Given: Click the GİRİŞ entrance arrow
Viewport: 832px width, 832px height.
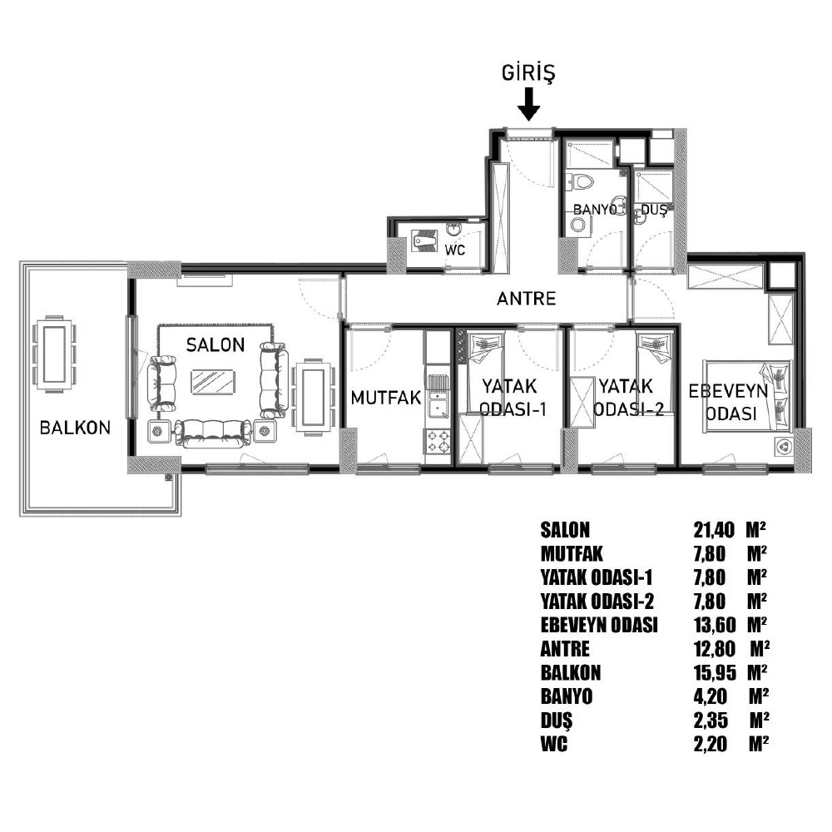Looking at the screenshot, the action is click(x=528, y=104).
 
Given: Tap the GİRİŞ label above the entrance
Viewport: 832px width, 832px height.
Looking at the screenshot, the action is click(x=528, y=73).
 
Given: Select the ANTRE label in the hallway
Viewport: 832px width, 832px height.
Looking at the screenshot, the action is click(x=527, y=299).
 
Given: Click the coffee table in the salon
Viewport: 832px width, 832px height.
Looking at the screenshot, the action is click(x=214, y=381).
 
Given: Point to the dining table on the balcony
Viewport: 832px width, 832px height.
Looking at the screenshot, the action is click(x=54, y=354).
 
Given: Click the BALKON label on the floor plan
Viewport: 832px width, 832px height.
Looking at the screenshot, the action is click(x=76, y=427).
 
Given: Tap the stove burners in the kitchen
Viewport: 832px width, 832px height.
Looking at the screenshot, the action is click(x=438, y=442).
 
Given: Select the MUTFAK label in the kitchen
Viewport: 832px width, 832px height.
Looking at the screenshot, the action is click(x=386, y=398).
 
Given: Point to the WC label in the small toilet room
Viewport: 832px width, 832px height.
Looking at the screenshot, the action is click(x=455, y=250).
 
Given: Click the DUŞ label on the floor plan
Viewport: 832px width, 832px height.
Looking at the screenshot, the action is click(x=654, y=210).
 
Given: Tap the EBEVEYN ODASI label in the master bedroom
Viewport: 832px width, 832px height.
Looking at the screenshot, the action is click(x=729, y=402).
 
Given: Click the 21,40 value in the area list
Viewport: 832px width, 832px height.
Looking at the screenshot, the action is click(x=714, y=529).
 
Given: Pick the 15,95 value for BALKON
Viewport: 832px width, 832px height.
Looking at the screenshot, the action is click(x=715, y=672).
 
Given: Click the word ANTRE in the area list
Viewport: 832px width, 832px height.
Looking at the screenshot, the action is click(x=565, y=648).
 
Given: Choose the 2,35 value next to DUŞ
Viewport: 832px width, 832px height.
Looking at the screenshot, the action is click(x=711, y=720).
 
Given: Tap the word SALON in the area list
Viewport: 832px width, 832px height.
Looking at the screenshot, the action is click(x=565, y=529).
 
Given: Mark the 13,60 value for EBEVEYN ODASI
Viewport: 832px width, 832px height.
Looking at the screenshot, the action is click(x=715, y=625).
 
